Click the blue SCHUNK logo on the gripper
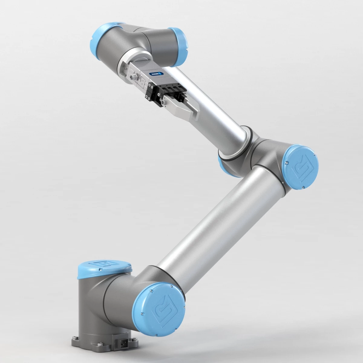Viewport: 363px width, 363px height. point(156,74)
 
